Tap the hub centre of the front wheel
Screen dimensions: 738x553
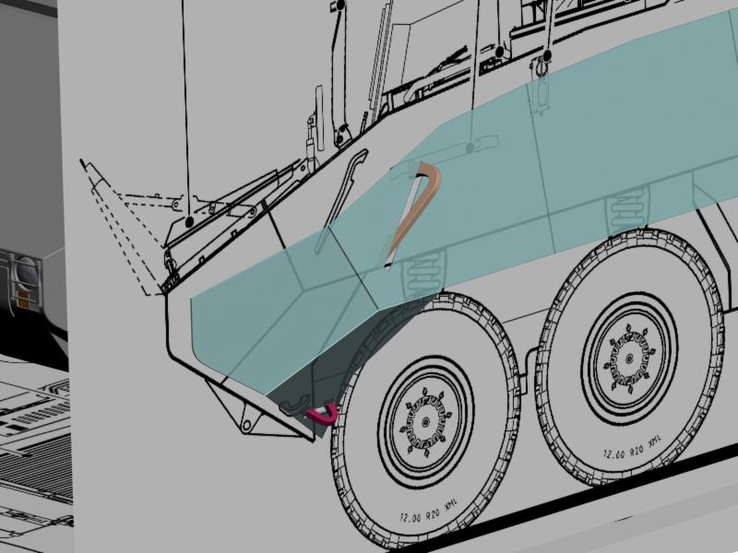[425, 422]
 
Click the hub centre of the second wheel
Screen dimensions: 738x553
[630, 359]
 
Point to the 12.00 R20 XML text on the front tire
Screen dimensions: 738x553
[429, 512]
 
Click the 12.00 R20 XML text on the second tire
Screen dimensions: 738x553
[632, 447]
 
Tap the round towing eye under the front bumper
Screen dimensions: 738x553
[246, 426]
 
